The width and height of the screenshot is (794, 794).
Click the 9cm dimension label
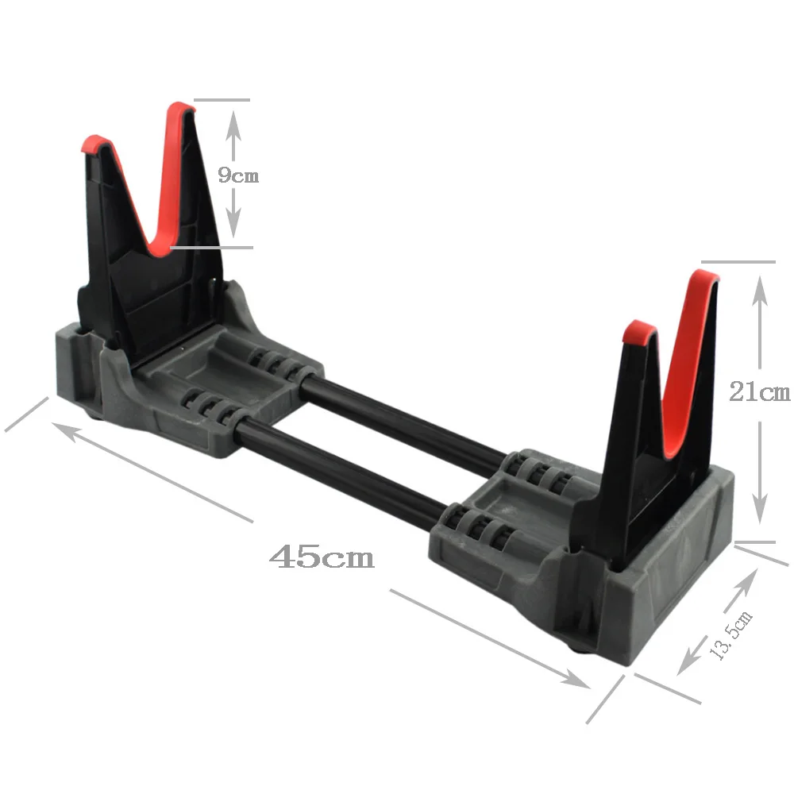[238, 175]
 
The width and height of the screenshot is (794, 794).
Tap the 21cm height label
[760, 391]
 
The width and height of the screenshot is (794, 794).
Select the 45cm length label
[322, 557]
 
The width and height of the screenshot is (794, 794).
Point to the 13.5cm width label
[730, 636]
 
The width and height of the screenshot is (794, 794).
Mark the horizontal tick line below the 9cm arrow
[211, 247]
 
